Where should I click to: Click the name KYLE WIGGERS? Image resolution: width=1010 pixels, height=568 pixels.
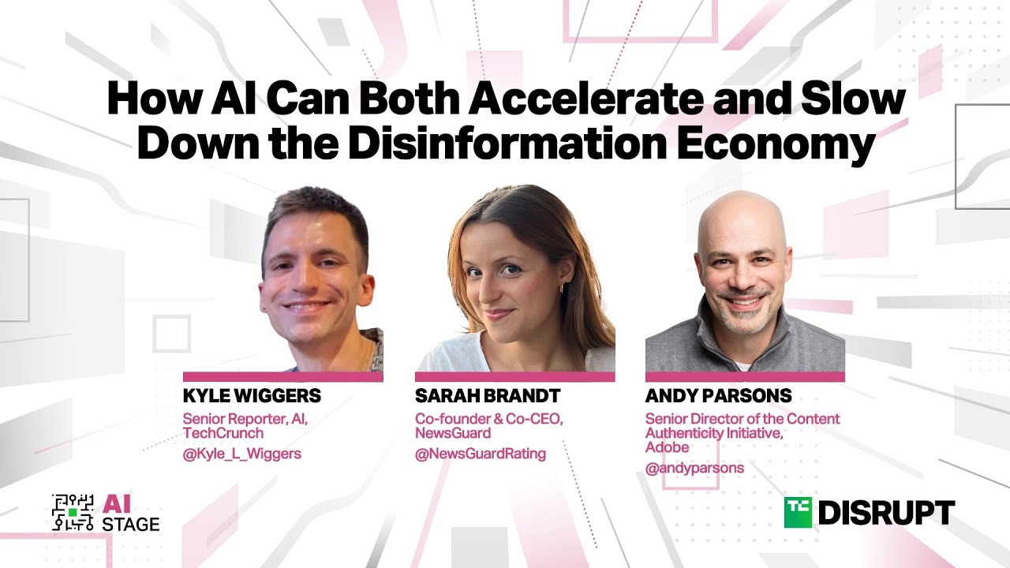(x=252, y=395)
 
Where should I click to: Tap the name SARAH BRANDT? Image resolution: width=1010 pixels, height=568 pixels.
(x=488, y=395)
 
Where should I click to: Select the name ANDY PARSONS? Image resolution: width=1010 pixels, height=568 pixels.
(x=718, y=395)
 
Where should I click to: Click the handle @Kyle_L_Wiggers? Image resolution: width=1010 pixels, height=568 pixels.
(x=241, y=454)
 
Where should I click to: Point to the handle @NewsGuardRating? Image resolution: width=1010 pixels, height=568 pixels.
(x=481, y=454)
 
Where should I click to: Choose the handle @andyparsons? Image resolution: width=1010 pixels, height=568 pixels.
(x=694, y=468)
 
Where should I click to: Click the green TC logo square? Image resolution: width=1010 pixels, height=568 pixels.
(x=799, y=512)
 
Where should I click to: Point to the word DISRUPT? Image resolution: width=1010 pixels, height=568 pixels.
(x=886, y=513)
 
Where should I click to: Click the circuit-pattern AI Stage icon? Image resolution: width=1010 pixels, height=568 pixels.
(x=72, y=512)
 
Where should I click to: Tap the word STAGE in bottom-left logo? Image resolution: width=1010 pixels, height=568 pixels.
(x=131, y=523)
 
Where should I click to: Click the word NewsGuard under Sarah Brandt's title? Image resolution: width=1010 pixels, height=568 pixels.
(x=453, y=433)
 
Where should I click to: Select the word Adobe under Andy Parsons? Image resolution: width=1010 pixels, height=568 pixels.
(x=667, y=447)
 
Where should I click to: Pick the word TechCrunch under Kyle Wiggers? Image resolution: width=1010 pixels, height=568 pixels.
(x=223, y=433)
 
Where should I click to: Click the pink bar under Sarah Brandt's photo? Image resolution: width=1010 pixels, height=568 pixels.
(x=514, y=377)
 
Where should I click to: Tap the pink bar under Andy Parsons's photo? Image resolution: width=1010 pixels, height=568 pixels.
(x=745, y=377)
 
